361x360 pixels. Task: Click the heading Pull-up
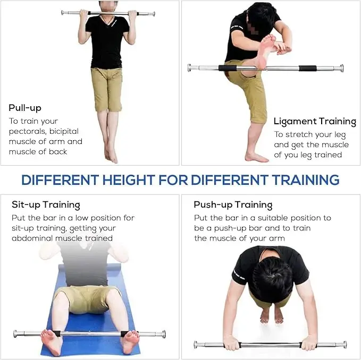pos(25,108)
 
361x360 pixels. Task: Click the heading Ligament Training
pos(315,122)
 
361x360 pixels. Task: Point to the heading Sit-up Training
pos(46,204)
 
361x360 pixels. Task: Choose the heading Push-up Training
pos(233,204)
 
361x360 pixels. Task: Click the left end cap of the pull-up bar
pos(63,12)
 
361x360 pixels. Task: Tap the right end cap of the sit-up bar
pos(163,334)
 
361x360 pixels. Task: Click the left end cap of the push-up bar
pos(196,345)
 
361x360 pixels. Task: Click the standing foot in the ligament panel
pos(256,157)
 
